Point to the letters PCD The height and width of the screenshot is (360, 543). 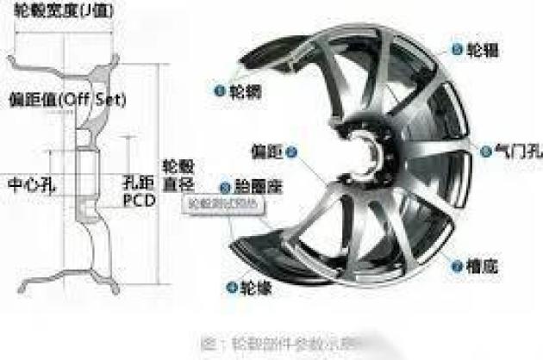(137, 200)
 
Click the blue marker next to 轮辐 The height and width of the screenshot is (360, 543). (450, 49)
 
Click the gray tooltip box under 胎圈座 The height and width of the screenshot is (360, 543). (221, 206)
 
